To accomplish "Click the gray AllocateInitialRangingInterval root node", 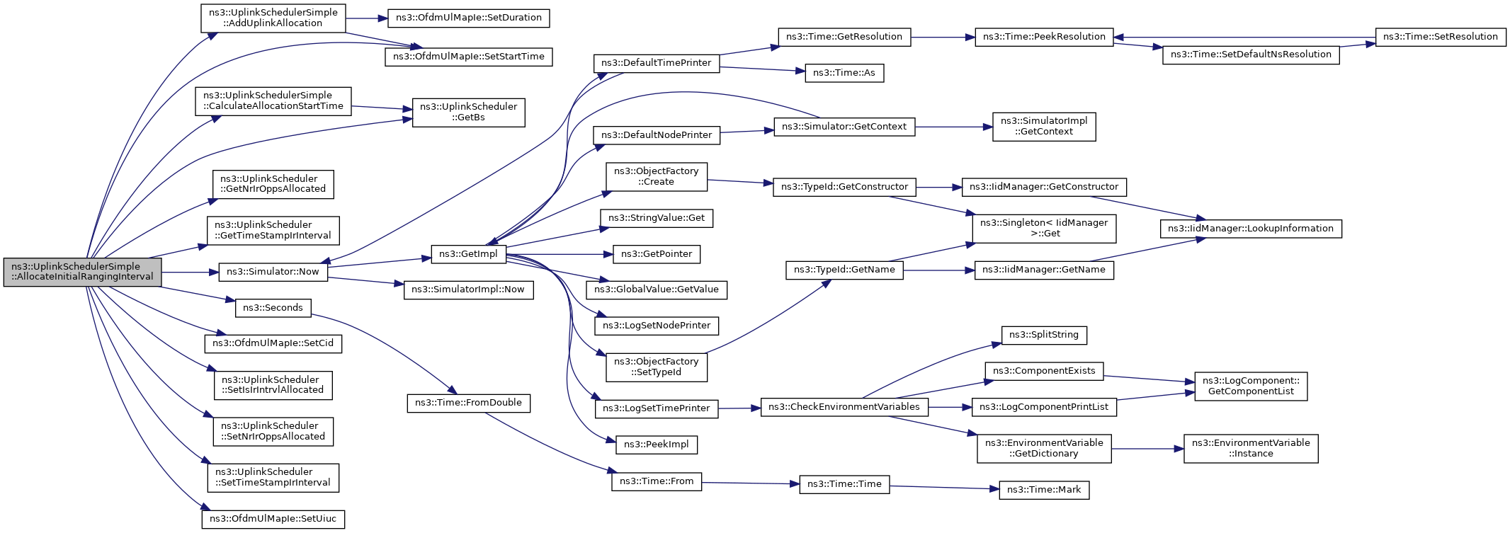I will [82, 272].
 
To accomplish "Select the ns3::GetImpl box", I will [468, 254].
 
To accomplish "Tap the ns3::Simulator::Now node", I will [273, 272].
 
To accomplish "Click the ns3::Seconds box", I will [273, 308].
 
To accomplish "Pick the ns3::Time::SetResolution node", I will [1440, 37].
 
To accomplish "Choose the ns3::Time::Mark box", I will [1043, 490].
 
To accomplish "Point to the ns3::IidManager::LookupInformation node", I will [1250, 229].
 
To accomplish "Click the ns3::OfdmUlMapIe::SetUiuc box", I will [273, 519].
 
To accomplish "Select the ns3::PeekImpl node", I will [656, 445].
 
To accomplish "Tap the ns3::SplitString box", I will [1043, 335].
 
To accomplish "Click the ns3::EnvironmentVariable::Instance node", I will [1250, 449].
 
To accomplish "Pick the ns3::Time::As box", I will [844, 73].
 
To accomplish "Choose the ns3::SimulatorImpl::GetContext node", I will [1043, 127].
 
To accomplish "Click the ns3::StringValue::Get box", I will [656, 218].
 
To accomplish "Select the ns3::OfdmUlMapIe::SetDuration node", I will [468, 18].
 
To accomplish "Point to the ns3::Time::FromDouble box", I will [468, 403].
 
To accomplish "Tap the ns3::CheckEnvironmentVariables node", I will [844, 407].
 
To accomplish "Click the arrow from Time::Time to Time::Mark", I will [943, 487].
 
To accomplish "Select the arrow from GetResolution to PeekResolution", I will [943, 37].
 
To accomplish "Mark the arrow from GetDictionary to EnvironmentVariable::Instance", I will [1147, 449].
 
